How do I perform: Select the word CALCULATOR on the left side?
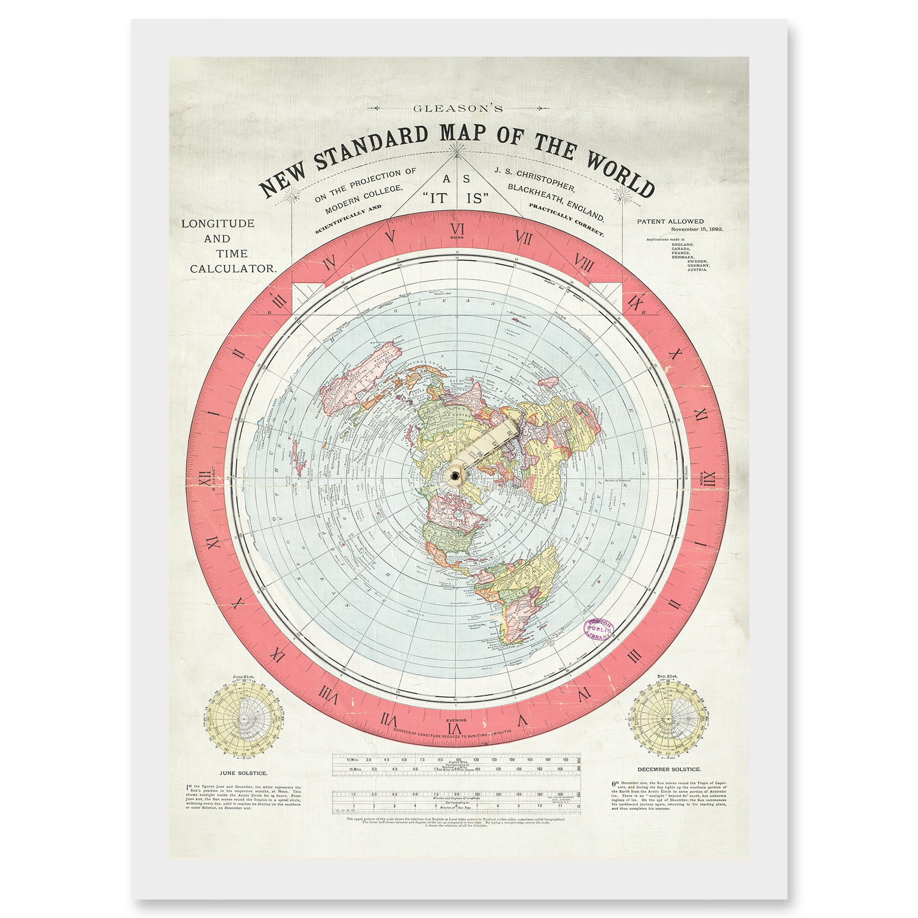click(x=233, y=269)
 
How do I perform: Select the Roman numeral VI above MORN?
click(x=457, y=228)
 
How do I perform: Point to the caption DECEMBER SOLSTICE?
click(x=669, y=769)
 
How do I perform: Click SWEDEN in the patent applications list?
click(x=698, y=261)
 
